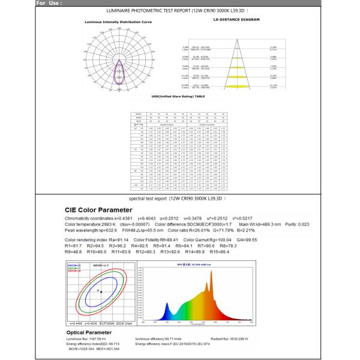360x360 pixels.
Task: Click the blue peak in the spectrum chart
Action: (167, 301)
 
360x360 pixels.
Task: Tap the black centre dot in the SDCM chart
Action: (100, 291)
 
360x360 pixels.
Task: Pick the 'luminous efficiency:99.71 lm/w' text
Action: (157, 339)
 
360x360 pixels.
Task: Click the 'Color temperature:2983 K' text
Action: (92, 224)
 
